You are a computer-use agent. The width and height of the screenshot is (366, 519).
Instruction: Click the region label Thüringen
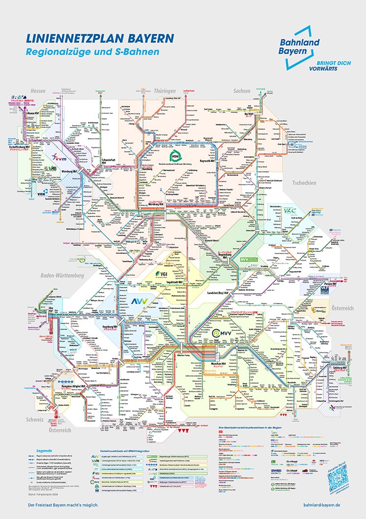pyautogui.click(x=165, y=91)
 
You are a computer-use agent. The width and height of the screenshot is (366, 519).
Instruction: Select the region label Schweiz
pyautogui.click(x=35, y=420)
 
